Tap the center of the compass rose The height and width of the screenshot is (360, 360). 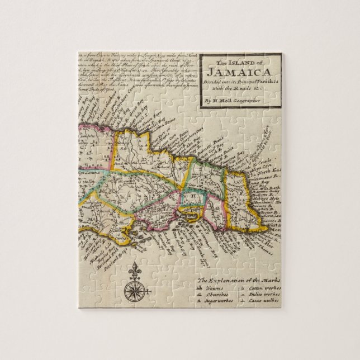click(134, 290)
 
